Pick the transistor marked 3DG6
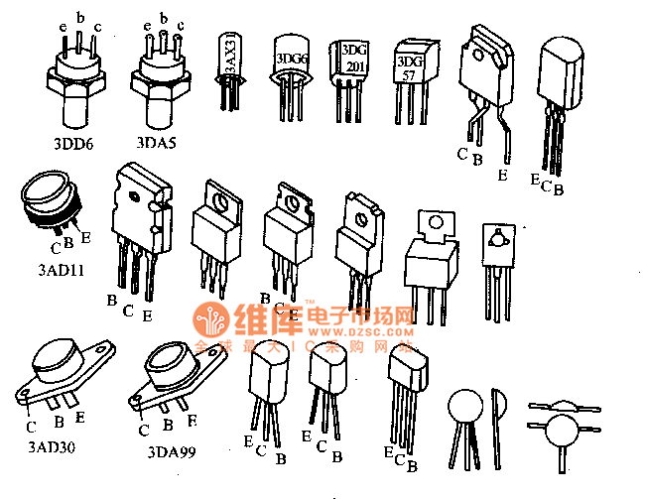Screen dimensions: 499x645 pos(290,62)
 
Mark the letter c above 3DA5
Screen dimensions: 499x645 pos(180,25)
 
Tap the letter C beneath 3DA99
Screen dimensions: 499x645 pos(144,430)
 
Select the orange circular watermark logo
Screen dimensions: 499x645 pos(213,323)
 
